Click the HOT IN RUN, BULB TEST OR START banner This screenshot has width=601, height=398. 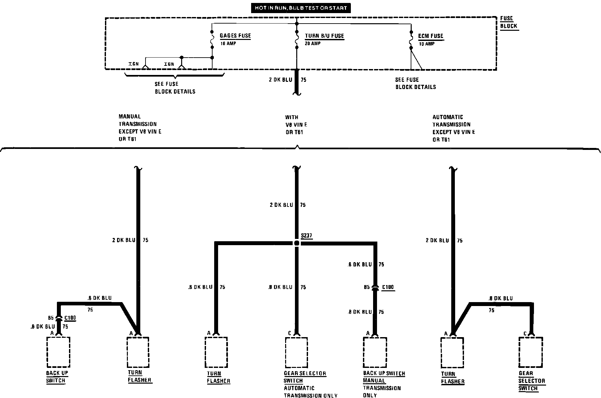[x=301, y=8]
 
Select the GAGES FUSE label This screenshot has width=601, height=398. [x=235, y=36]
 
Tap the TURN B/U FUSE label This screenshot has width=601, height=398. [x=324, y=36]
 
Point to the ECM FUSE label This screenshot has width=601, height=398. [x=431, y=36]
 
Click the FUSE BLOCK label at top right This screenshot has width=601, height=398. [x=508, y=22]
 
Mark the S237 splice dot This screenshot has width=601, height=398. [x=297, y=243]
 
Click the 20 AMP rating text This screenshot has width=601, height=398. [x=313, y=44]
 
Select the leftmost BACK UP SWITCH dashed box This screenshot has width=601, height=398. [x=59, y=352]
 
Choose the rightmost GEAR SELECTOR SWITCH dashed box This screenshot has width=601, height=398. [x=530, y=352]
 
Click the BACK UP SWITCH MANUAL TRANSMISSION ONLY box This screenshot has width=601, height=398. [x=375, y=352]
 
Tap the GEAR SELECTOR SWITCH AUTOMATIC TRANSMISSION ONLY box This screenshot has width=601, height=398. [x=297, y=352]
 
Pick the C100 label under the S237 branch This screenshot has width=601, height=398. [x=388, y=287]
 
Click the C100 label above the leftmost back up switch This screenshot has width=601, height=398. [x=70, y=318]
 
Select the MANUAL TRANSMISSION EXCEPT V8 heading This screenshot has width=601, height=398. [x=140, y=128]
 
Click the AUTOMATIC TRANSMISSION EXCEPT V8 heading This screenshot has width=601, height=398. [x=454, y=128]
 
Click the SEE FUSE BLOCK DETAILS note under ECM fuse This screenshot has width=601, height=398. [x=415, y=83]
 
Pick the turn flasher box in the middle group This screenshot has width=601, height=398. [x=216, y=352]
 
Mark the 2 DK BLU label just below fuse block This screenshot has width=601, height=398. [x=281, y=80]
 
